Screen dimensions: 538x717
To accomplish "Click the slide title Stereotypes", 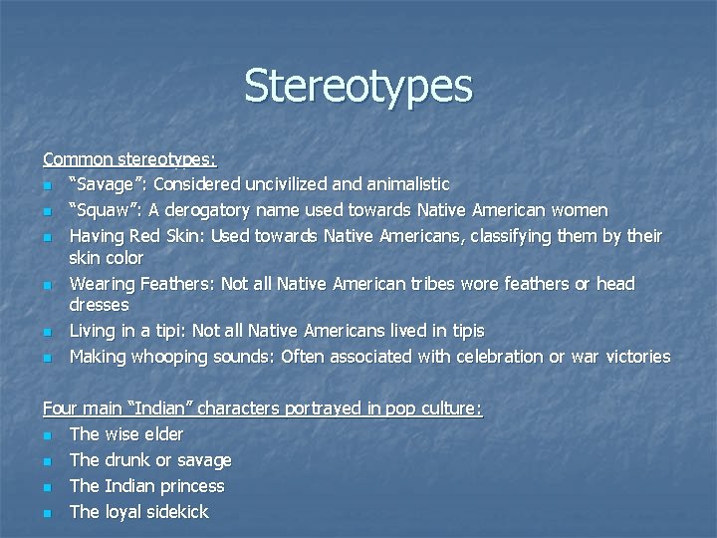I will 358,86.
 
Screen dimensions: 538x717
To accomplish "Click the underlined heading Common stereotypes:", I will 129,158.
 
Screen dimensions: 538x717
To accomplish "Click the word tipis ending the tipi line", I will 465,331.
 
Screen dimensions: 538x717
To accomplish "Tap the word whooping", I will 184,357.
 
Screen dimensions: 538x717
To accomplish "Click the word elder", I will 162,434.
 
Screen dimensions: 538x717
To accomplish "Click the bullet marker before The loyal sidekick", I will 47,513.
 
